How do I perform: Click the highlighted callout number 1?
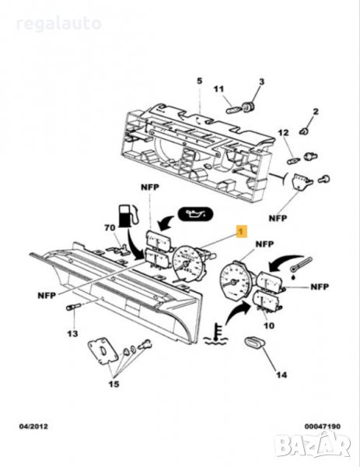(242, 231)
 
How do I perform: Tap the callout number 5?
(199, 81)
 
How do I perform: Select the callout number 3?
(261, 82)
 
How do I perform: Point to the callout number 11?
(218, 89)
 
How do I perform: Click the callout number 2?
(316, 111)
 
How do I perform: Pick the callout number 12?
(284, 132)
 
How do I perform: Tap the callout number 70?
(110, 228)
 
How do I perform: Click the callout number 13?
(72, 334)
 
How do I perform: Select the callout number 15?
(114, 384)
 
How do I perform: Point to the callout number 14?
(281, 374)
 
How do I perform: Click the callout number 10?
(269, 325)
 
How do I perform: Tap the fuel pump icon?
(128, 216)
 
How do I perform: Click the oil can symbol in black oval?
(195, 213)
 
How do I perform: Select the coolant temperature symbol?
(215, 334)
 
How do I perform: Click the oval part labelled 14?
(255, 342)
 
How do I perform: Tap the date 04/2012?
(33, 427)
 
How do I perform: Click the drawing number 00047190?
(322, 427)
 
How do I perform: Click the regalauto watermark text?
(58, 24)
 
